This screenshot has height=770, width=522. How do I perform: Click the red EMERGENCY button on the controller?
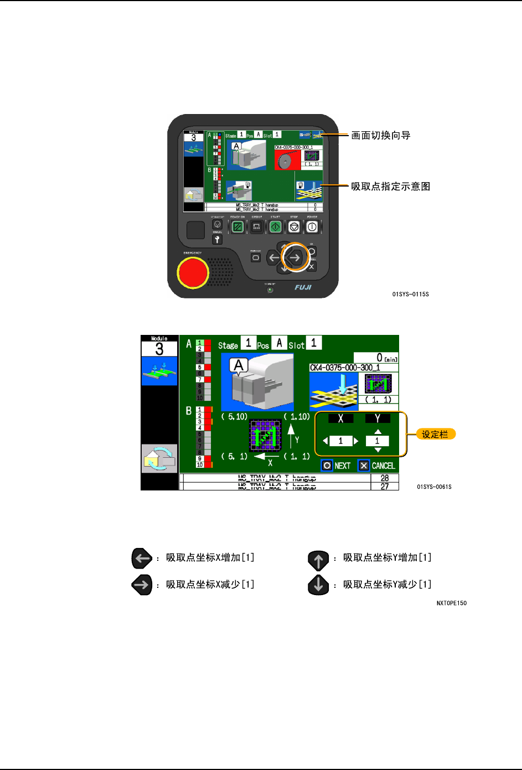tap(192, 272)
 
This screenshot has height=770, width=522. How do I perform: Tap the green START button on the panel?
tap(275, 226)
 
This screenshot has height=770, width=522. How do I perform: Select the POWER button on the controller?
tap(312, 226)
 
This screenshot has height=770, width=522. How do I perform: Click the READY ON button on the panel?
tap(237, 226)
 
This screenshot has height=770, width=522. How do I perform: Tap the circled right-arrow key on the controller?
tap(295, 257)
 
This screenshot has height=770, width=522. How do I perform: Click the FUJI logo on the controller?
tap(303, 287)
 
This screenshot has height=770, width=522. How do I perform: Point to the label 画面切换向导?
tap(381, 136)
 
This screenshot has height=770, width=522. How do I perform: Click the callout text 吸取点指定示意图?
tap(390, 187)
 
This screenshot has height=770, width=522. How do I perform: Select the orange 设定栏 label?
tap(435, 435)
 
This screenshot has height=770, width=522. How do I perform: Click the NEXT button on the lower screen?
tap(336, 466)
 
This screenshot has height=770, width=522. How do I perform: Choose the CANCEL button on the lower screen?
tap(377, 466)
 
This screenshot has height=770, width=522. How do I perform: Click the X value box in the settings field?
tap(340, 441)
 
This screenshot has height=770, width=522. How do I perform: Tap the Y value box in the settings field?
tap(378, 441)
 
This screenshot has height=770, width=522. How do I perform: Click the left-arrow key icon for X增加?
tap(142, 559)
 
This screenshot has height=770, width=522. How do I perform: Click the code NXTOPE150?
tap(451, 603)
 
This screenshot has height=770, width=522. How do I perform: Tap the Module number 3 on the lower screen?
tap(159, 349)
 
